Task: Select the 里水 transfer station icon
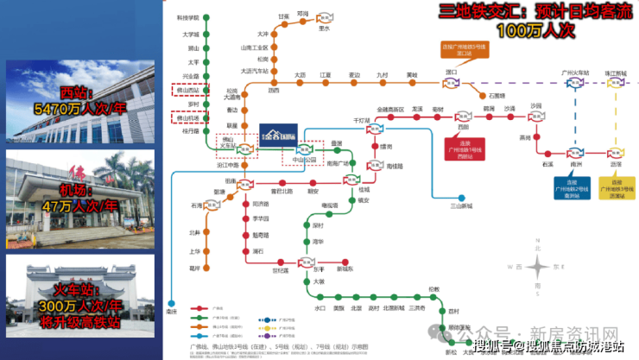325,17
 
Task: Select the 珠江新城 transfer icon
616,84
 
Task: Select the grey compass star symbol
537,267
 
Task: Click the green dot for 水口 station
319,299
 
